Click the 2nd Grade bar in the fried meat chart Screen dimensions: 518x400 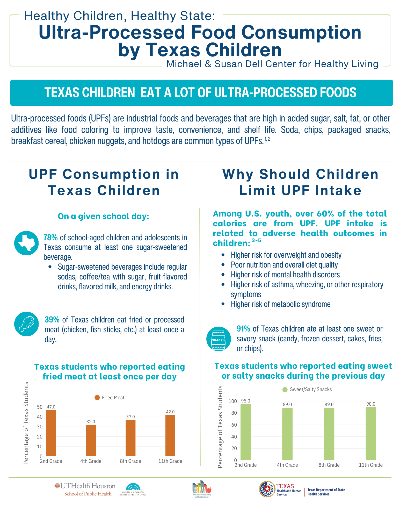pos(51,433)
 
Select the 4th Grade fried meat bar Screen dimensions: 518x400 pos(91,440)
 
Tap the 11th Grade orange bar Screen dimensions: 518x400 pos(170,435)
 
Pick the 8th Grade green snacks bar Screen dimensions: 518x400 pos(329,434)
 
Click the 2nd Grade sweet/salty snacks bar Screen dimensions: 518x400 pos(245,432)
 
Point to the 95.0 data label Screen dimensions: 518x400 pos(245,401)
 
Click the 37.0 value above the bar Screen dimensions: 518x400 pos(130,417)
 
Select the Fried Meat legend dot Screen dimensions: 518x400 pos(97,398)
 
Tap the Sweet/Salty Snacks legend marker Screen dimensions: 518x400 pos(285,390)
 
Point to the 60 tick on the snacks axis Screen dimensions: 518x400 pos(234,425)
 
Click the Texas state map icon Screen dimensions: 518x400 pos(26,243)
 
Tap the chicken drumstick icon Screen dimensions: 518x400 pos(26,324)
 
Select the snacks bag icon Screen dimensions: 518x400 pos(219,339)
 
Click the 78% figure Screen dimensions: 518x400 pos(50,238)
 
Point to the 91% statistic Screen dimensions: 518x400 pos(243,329)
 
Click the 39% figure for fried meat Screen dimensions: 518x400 pos(52,320)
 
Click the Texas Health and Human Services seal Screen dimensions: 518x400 pos(267,489)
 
